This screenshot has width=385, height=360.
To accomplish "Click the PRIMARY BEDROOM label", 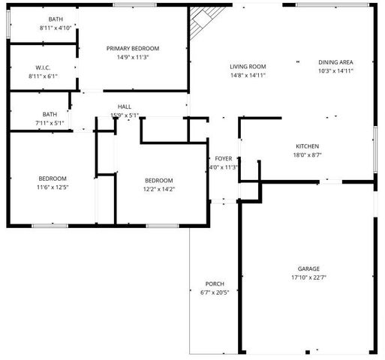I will click(x=133, y=48).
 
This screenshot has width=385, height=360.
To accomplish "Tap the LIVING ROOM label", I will click(x=248, y=67).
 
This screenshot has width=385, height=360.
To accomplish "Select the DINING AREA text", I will click(x=335, y=62).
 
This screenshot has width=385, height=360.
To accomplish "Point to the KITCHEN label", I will click(x=308, y=146).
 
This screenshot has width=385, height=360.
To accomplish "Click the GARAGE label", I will click(x=308, y=268).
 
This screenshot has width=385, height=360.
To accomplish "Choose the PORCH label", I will click(x=215, y=283).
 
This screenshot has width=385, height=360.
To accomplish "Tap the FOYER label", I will click(x=224, y=159).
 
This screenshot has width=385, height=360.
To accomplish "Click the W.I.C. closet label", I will click(x=43, y=67).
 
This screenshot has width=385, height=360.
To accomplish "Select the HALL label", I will click(x=125, y=106).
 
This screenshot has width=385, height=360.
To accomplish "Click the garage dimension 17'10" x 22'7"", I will click(x=308, y=277).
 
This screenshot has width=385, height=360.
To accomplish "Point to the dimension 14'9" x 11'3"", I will click(x=133, y=56).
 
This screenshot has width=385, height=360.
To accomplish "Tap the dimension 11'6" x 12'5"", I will click(x=53, y=187).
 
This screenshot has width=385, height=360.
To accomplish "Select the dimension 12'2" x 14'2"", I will click(x=159, y=189).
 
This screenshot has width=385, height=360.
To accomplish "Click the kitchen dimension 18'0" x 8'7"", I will click(x=308, y=155).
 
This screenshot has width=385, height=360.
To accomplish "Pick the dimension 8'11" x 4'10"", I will click(x=56, y=28).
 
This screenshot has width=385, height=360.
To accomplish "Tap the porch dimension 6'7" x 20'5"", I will click(x=215, y=292).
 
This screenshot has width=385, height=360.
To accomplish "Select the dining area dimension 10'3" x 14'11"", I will click(x=335, y=71).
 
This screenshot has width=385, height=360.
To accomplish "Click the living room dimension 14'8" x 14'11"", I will click(x=248, y=75).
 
